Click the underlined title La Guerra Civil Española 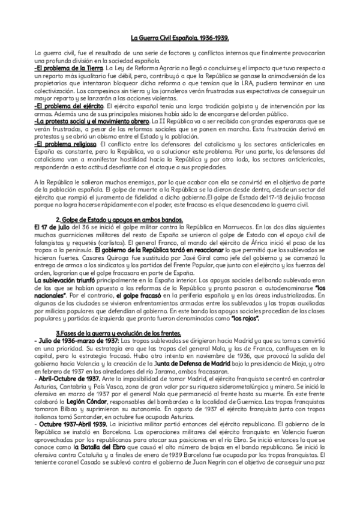pyautogui.click(x=180, y=37)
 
